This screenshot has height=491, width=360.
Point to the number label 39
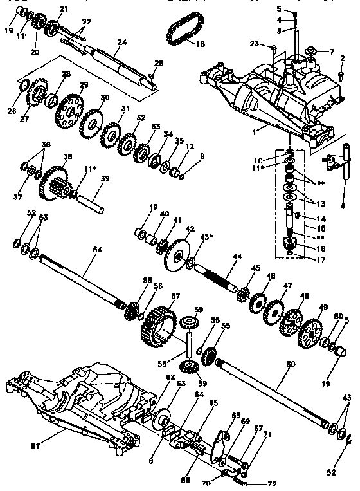pos(105,178)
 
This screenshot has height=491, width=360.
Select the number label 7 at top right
pos(332,51)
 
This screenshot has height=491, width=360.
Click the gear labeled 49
pos(311,331)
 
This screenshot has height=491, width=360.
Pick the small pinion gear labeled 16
pos(289,245)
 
